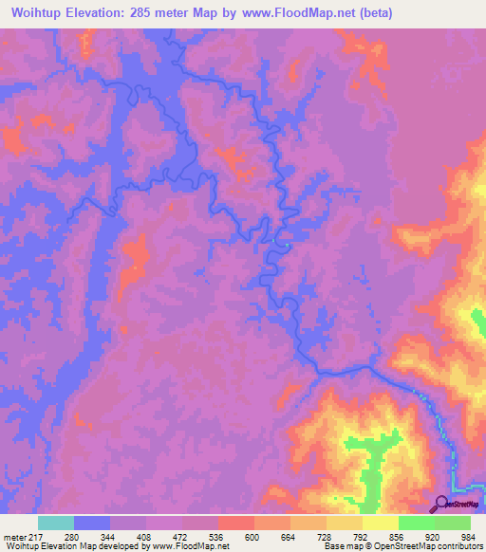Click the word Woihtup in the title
tap(37, 13)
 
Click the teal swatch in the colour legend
tap(56, 523)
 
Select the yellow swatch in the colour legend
tap(381, 523)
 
